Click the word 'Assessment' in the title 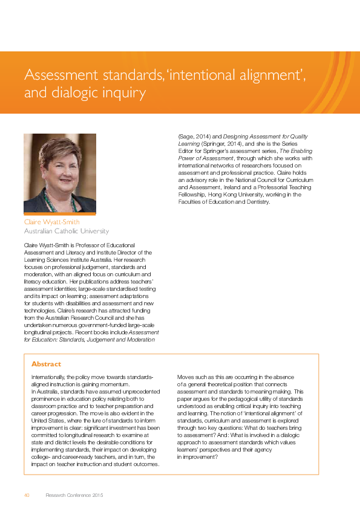[57, 76]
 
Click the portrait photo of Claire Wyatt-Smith [60, 173]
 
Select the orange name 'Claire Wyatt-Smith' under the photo [51, 222]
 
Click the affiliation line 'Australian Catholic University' [67, 231]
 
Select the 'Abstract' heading [46, 364]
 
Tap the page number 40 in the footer [27, 495]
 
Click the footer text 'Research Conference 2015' [74, 495]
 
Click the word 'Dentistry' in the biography [255, 202]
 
